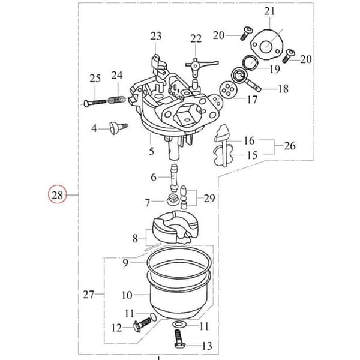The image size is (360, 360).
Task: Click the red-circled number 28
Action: [x=57, y=195]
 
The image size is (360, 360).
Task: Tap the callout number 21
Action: [x=269, y=11]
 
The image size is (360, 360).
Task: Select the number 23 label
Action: [x=156, y=36]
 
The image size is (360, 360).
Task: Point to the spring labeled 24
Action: [x=116, y=100]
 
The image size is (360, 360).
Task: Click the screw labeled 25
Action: [x=94, y=102]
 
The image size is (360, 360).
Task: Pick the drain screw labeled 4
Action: [x=118, y=128]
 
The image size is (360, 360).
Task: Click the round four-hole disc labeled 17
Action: [x=227, y=89]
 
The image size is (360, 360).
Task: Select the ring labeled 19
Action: [x=250, y=62]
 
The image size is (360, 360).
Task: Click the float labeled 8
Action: [x=175, y=227]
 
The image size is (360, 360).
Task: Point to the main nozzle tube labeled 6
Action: [x=173, y=178]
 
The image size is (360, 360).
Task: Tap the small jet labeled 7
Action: [x=171, y=200]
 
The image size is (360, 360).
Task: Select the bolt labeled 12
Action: [x=142, y=325]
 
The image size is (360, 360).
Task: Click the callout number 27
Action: [x=89, y=295]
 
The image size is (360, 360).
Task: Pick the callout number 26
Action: [x=290, y=146]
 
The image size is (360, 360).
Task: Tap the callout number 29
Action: [x=209, y=198]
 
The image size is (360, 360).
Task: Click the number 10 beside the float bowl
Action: [x=127, y=295]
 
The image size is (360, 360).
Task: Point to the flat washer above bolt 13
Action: [x=178, y=325]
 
